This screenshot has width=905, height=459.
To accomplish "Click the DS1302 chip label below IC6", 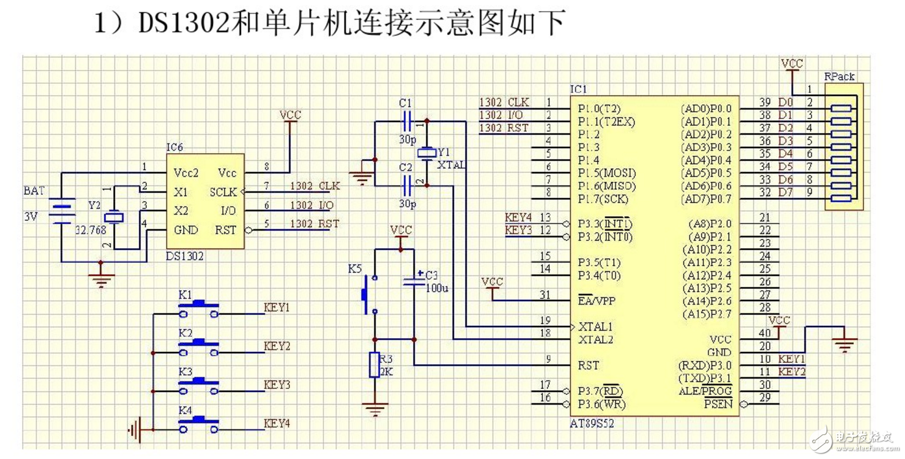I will (184, 256).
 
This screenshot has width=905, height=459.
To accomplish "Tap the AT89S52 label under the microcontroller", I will (591, 423).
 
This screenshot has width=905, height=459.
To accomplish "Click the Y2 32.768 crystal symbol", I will (114, 217).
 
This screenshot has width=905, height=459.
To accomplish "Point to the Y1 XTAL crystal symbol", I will (426, 153).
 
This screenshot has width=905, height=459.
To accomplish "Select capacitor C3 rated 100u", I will (413, 281).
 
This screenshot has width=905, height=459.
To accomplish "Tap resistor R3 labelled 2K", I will (374, 365).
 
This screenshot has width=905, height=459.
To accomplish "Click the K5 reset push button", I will (366, 293).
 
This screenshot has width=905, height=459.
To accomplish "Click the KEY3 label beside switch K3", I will (277, 385).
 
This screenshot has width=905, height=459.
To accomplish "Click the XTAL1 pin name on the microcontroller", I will (595, 327).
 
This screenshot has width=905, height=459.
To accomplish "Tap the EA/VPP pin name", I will (596, 301).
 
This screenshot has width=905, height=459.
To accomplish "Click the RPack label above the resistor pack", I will (839, 76).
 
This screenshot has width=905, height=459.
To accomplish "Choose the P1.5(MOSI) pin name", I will (606, 173).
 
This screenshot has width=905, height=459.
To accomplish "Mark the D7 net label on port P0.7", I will (785, 192).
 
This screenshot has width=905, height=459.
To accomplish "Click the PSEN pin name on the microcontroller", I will (718, 404).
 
